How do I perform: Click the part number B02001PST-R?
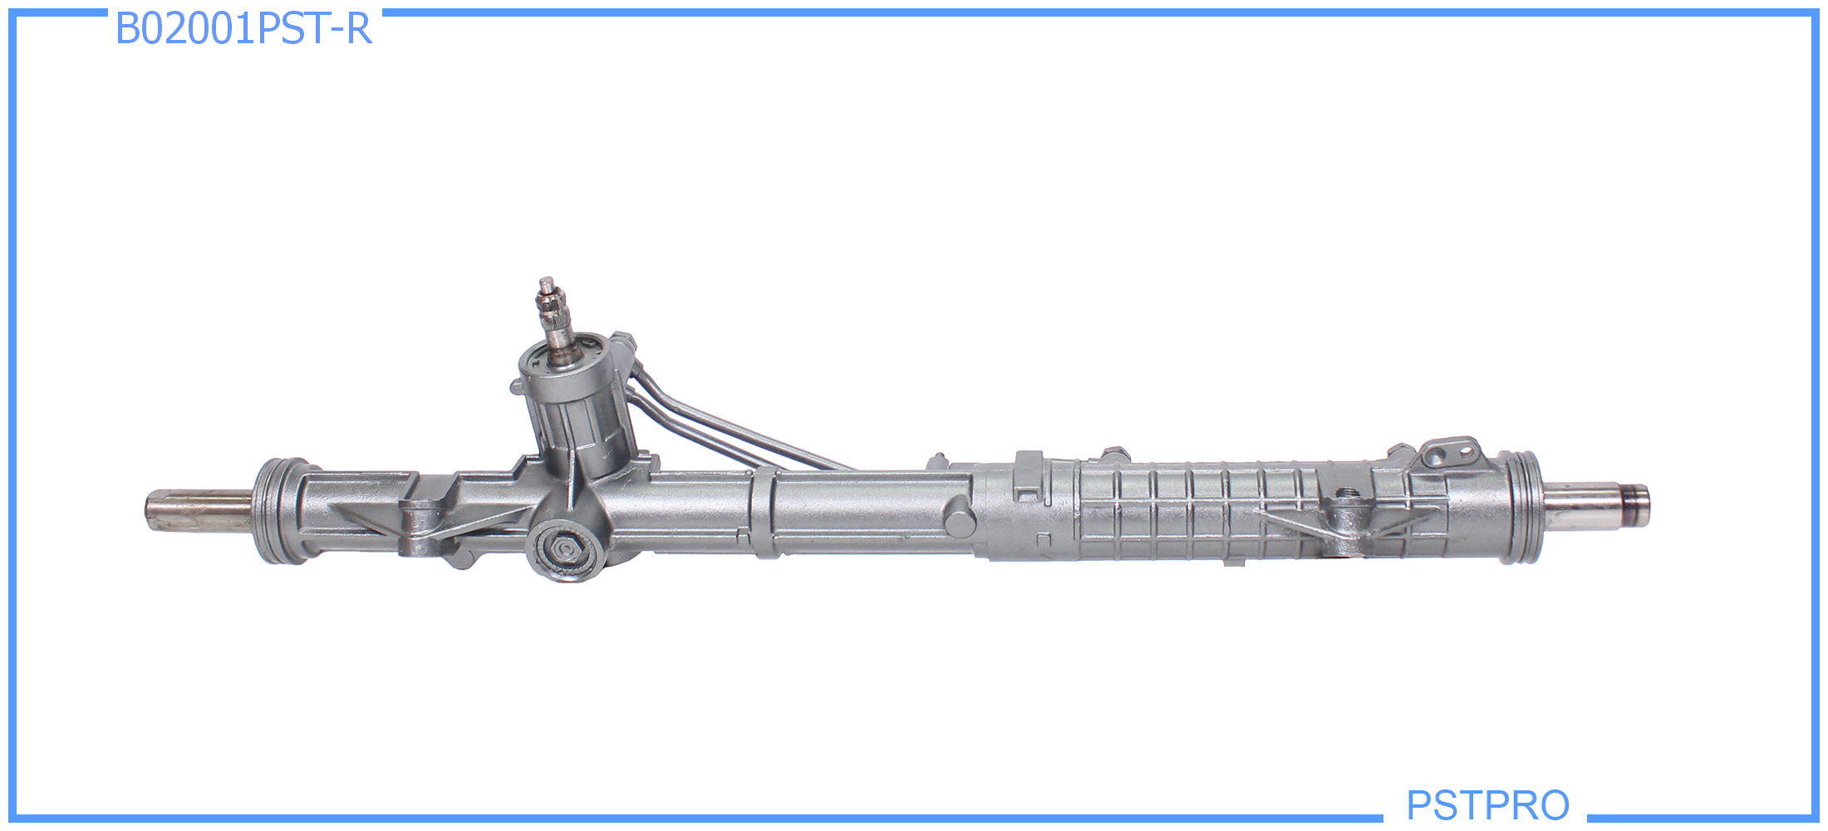pos(243,28)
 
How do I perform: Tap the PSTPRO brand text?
pos(1487,805)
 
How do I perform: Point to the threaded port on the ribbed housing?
pos(1347,494)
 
